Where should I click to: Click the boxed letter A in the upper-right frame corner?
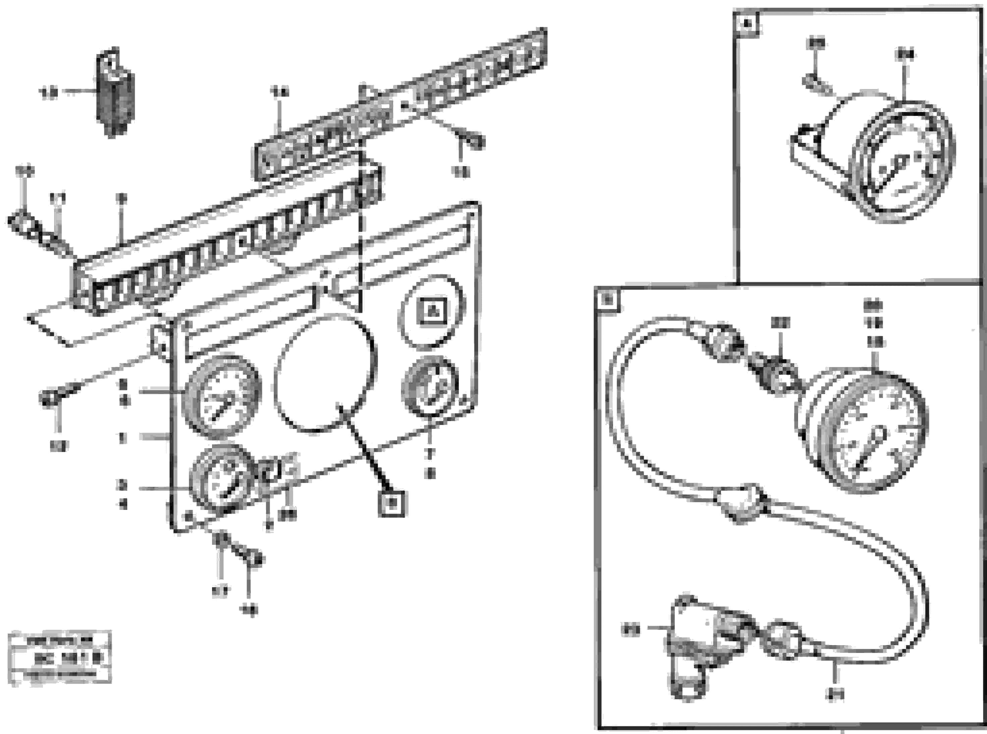click(747, 24)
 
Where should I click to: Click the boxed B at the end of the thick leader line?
click(391, 504)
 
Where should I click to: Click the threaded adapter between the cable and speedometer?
click(774, 374)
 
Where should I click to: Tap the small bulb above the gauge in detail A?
click(816, 85)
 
